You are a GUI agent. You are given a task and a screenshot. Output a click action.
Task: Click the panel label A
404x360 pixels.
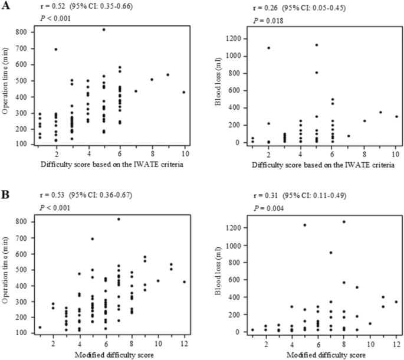pyautogui.click(x=5, y=6)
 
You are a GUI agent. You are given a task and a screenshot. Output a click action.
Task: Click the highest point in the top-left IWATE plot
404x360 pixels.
pyautogui.click(x=104, y=30)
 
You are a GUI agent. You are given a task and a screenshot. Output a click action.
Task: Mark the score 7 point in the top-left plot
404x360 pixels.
pyautogui.click(x=136, y=91)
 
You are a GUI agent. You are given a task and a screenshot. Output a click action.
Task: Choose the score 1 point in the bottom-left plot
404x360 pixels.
pyautogui.click(x=40, y=327)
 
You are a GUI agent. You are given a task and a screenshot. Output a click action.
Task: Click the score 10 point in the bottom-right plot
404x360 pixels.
pyautogui.click(x=370, y=323)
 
